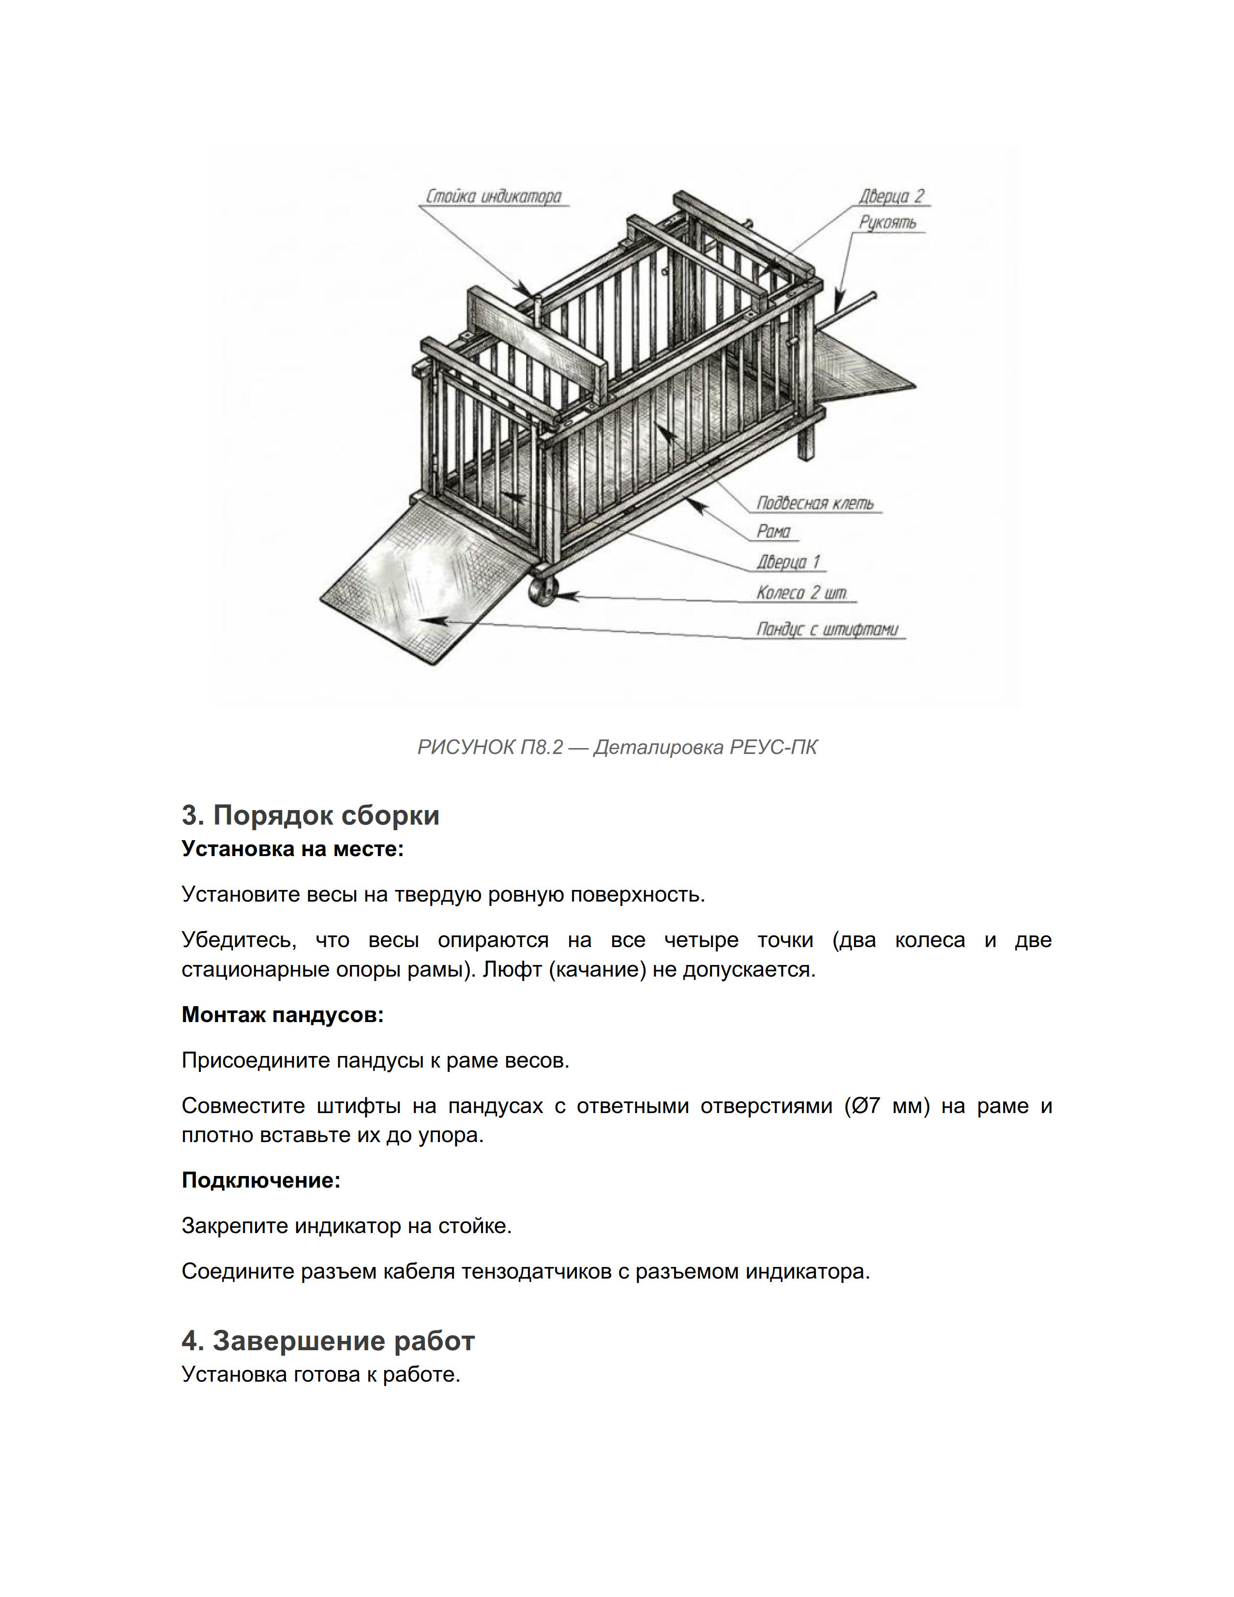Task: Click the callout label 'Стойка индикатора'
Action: tap(494, 196)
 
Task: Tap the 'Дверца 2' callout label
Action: tap(890, 196)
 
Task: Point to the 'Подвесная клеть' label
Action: tap(814, 503)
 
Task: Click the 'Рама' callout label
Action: tap(773, 531)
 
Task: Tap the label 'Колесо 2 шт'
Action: tap(802, 592)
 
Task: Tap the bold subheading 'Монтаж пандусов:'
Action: tap(282, 1015)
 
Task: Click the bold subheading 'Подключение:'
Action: tap(261, 1180)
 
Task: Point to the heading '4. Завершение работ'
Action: tap(328, 1341)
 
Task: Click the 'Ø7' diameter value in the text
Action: tap(864, 1106)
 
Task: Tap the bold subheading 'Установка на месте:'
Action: tap(292, 849)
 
